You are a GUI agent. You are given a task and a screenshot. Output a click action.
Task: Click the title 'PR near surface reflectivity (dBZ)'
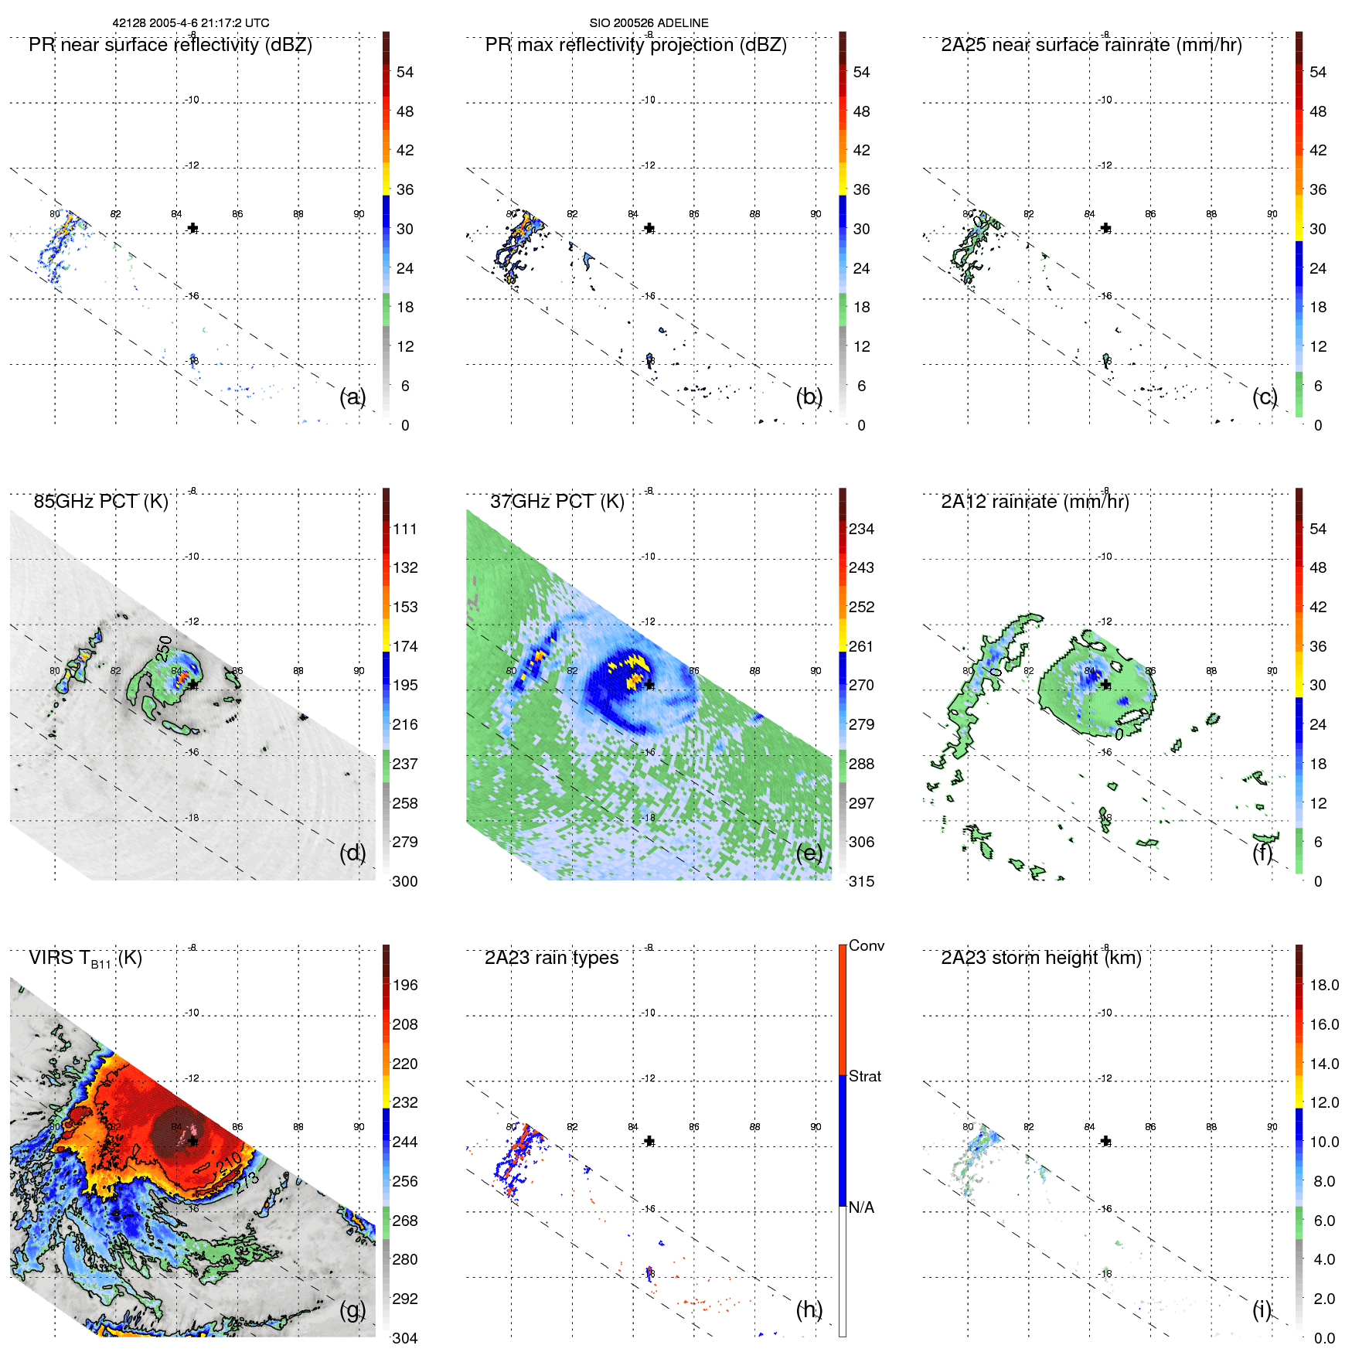tap(170, 45)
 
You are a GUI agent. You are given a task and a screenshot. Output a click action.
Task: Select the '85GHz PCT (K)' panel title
tap(100, 502)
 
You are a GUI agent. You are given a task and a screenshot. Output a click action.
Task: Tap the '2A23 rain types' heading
tap(551, 958)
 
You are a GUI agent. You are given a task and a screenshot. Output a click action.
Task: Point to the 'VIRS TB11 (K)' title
tap(85, 959)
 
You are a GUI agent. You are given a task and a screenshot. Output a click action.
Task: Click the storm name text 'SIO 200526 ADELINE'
tap(649, 23)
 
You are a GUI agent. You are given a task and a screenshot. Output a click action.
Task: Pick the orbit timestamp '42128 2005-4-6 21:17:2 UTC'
tap(191, 23)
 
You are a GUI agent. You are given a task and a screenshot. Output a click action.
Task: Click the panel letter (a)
tap(352, 397)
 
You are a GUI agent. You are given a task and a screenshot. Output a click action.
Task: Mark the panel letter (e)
tap(809, 853)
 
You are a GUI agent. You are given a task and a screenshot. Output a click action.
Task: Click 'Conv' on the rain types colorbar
tap(866, 946)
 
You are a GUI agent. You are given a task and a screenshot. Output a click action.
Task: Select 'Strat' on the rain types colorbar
tap(864, 1077)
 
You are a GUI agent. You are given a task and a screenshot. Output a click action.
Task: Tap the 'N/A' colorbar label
tap(861, 1207)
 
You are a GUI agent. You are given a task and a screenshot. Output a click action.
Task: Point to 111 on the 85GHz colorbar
tap(404, 530)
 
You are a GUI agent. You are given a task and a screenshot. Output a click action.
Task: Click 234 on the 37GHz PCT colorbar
tap(861, 530)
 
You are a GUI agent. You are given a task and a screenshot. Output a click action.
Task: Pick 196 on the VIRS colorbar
tap(404, 986)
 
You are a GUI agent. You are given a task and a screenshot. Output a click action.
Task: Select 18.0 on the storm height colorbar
tap(1323, 986)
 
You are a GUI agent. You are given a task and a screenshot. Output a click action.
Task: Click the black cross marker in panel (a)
tap(192, 228)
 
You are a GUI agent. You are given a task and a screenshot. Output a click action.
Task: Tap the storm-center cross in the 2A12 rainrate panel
tap(1105, 685)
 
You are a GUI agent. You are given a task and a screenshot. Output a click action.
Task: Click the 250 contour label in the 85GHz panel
tap(164, 648)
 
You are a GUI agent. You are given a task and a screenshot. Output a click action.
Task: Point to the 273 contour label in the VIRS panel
tap(247, 1183)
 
